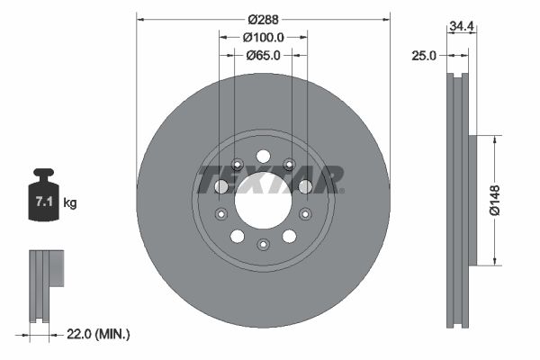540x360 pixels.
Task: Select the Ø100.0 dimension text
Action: coord(264,37)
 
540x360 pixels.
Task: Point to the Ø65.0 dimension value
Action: coord(264,55)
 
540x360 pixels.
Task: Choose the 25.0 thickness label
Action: coord(422,55)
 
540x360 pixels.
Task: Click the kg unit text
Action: coord(70,203)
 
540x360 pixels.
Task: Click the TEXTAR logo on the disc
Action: coord(269,179)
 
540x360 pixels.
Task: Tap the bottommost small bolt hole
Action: coord(263,245)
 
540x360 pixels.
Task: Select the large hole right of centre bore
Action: coord(305,186)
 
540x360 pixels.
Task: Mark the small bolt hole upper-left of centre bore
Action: coord(237,164)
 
